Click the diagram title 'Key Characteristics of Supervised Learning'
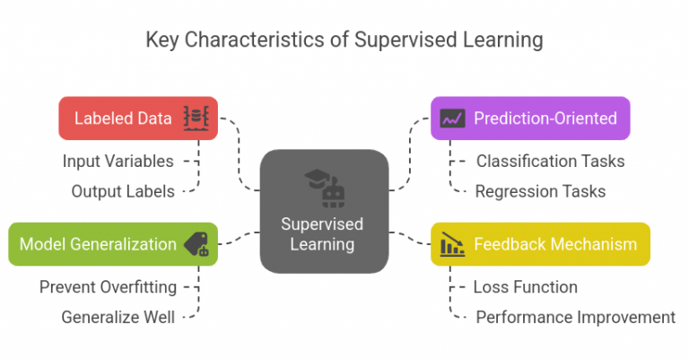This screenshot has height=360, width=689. (x=344, y=40)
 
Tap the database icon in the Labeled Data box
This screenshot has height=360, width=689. (x=196, y=119)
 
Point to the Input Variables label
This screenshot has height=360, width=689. (x=118, y=161)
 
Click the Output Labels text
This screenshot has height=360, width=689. (x=123, y=190)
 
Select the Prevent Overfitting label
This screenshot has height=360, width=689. (x=108, y=287)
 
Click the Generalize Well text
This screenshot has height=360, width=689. (x=119, y=316)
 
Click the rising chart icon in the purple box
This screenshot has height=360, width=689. (x=452, y=119)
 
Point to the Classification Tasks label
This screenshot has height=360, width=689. (x=550, y=162)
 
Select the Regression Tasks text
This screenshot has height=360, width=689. (x=540, y=190)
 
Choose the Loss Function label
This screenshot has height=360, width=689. (x=525, y=287)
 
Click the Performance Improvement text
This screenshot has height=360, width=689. (x=575, y=316)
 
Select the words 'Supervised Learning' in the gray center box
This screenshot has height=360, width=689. (x=323, y=233)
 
